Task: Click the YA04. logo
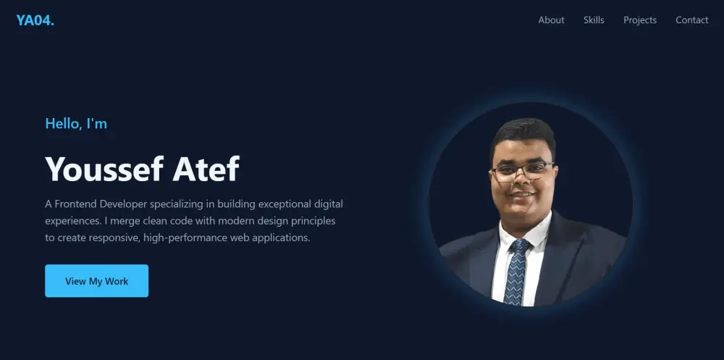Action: point(35,20)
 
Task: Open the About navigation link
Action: point(551,20)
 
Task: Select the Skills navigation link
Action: point(594,20)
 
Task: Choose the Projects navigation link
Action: point(640,20)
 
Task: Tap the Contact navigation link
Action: point(691,20)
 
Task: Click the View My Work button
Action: point(96,281)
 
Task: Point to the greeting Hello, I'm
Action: point(76,123)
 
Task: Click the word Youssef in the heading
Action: point(104,169)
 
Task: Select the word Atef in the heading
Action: point(206,169)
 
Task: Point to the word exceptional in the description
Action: point(285,204)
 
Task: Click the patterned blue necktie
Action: point(516,272)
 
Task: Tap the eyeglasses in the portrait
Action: point(523,171)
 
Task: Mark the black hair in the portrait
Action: point(523,134)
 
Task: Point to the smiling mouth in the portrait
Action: point(522,195)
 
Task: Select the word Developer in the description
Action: point(123,204)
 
